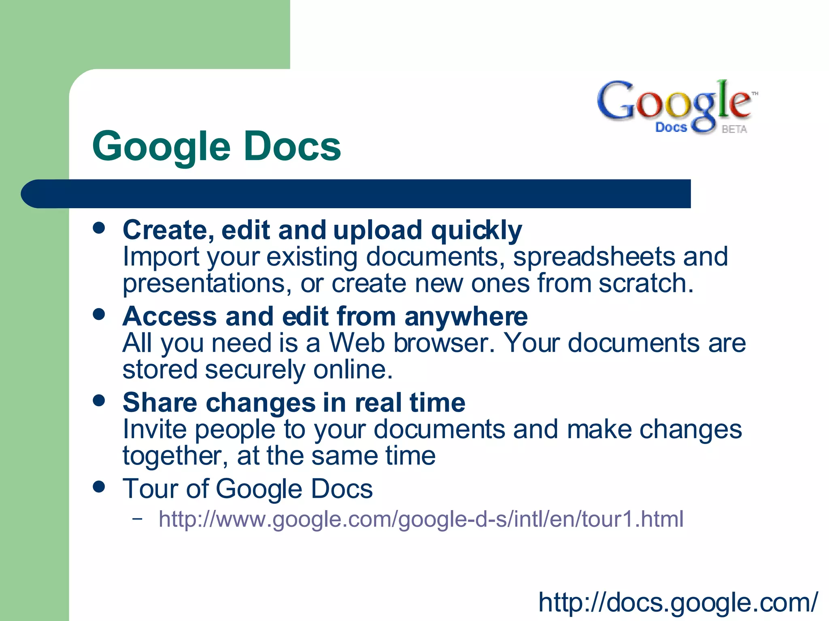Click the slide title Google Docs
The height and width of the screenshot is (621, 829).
coord(217,146)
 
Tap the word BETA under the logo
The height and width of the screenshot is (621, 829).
coord(734,129)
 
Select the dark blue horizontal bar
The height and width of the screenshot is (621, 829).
coord(356,194)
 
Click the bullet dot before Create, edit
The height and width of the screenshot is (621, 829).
coord(99,228)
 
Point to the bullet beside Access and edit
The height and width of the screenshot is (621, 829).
coord(99,314)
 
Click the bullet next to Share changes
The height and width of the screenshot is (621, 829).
coord(99,401)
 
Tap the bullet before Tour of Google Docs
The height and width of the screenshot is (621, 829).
coord(99,486)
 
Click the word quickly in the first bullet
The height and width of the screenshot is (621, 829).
coord(476,230)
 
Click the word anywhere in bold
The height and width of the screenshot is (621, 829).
coord(466,317)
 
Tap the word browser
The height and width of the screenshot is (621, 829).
coord(444,343)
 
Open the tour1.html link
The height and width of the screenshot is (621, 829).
coord(421,519)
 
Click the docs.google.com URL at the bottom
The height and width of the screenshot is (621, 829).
coord(678,602)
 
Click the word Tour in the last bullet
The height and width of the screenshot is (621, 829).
coord(150,489)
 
